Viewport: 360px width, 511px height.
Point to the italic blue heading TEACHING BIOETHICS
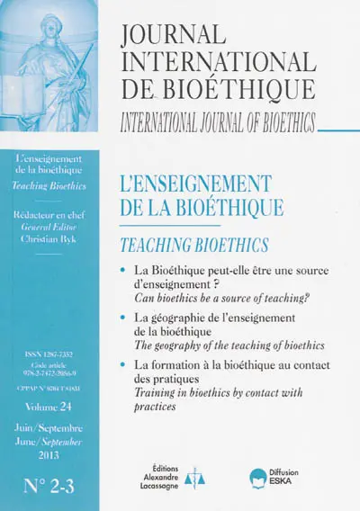click(190, 243)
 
